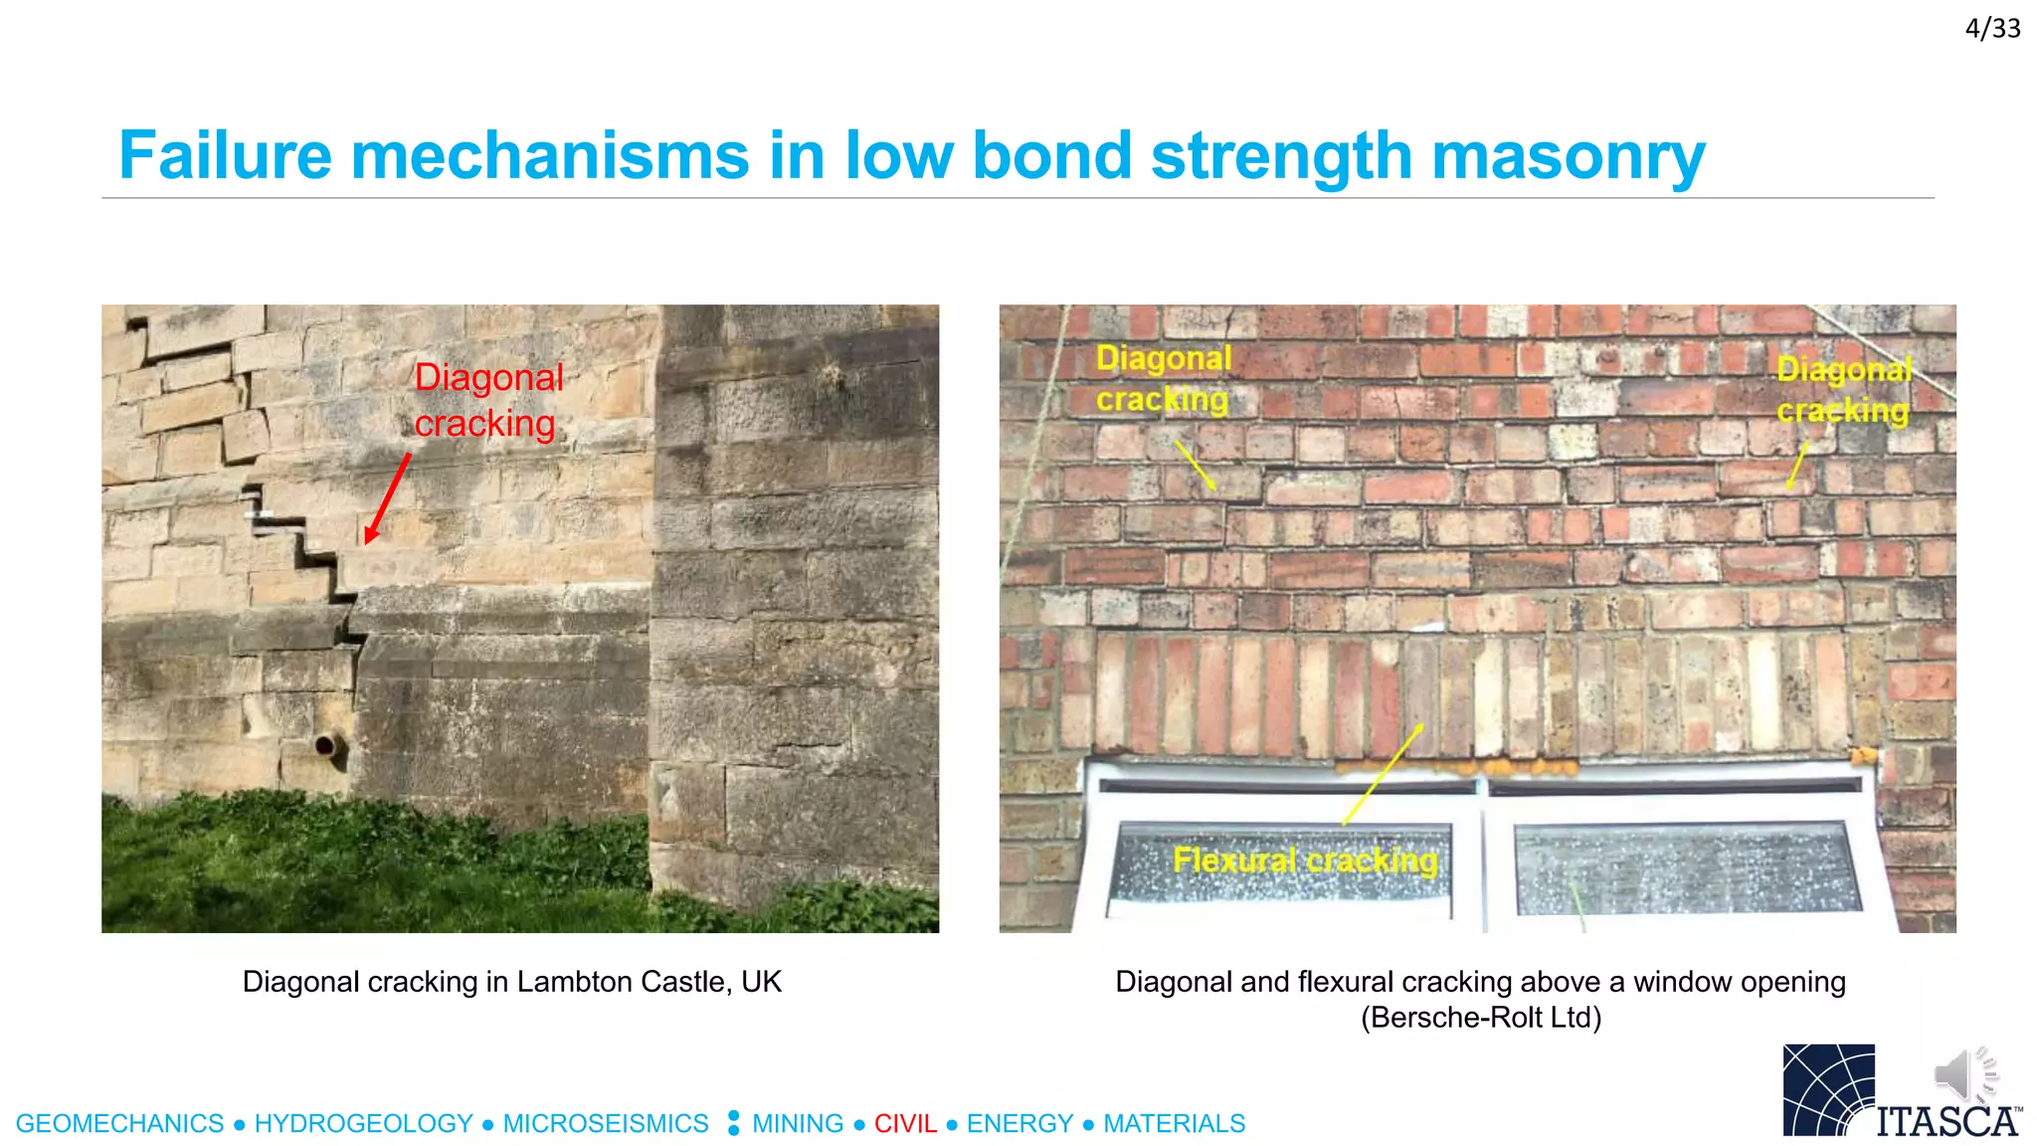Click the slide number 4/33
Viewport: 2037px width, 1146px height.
(1992, 29)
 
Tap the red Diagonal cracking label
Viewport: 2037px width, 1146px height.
(487, 400)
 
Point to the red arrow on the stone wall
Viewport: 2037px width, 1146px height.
(388, 498)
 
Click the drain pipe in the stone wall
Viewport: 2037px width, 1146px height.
(326, 745)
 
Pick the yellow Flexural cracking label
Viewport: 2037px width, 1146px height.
(1305, 860)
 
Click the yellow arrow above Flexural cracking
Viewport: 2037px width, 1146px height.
(1383, 774)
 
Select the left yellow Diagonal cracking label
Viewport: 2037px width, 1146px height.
(1163, 378)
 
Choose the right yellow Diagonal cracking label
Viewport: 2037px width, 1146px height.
(1843, 390)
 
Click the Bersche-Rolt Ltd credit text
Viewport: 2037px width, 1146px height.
(1481, 1018)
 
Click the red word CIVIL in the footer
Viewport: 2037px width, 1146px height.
(905, 1123)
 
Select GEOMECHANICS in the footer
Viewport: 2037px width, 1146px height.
(120, 1123)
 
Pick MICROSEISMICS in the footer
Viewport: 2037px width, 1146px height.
(605, 1123)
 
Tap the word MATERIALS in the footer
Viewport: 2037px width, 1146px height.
(1174, 1123)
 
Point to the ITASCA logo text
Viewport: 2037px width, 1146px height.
(1947, 1121)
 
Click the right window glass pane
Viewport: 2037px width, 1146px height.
(1686, 868)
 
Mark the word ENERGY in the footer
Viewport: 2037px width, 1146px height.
(1019, 1123)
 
